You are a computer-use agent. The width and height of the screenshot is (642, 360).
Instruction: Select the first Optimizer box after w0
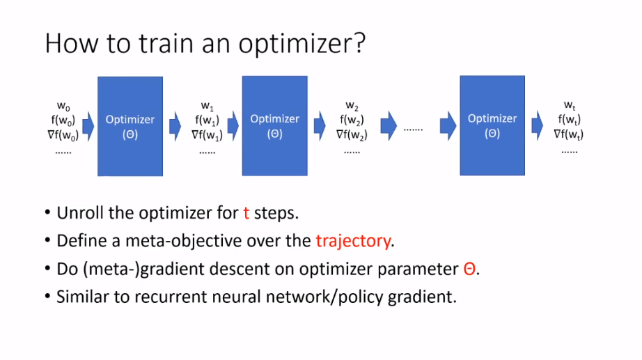[130, 126]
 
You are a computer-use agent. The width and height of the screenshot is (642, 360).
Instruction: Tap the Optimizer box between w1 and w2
[274, 125]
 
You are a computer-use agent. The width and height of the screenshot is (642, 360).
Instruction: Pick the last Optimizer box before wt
[492, 125]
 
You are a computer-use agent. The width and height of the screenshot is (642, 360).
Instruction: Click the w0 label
[63, 107]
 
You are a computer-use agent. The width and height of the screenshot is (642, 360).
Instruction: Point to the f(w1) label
[208, 120]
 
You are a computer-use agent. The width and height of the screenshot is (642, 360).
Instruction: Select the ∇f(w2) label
[351, 134]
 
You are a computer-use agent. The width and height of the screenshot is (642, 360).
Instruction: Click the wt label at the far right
[569, 106]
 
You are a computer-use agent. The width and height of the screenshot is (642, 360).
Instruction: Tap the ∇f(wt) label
[569, 134]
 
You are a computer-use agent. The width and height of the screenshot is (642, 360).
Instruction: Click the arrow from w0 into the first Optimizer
[88, 126]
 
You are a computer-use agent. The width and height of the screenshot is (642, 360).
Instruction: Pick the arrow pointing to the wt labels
[538, 126]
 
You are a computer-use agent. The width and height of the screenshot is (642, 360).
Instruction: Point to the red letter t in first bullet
[246, 212]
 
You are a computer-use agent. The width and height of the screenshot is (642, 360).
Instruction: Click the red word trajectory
[353, 241]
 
